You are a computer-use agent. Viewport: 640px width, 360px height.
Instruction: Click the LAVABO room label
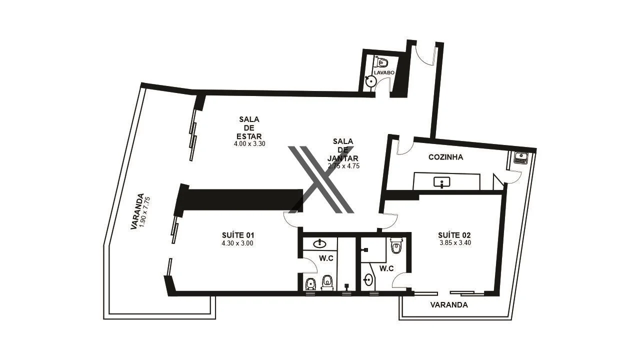point(384,72)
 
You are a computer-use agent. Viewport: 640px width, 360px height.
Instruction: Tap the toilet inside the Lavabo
point(382,62)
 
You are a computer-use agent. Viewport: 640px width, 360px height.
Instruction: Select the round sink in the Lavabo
point(370,82)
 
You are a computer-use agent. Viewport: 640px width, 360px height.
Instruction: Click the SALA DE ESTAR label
point(249,127)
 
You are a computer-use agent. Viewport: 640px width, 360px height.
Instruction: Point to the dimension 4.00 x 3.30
point(249,143)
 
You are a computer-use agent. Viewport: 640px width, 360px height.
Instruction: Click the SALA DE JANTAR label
point(343,149)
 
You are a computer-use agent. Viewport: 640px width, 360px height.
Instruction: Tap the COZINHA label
point(445,157)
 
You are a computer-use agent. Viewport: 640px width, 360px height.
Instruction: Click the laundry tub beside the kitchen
point(521,158)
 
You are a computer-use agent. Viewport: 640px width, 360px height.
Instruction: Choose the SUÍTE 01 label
point(238,235)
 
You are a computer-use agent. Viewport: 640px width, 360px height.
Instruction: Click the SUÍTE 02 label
point(454,235)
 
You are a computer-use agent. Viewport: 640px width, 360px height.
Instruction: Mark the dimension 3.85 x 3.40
point(454,243)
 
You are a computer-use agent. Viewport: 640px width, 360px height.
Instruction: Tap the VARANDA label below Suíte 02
point(449,304)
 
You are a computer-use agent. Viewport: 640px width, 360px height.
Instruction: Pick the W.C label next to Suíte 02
point(386,268)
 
